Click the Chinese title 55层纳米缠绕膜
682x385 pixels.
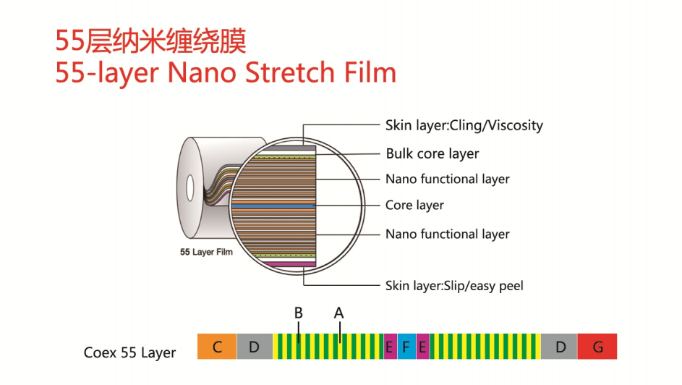click(x=151, y=41)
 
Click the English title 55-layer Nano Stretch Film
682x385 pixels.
click(x=226, y=73)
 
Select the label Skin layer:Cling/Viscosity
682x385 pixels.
click(x=464, y=125)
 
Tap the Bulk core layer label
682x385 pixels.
click(x=432, y=153)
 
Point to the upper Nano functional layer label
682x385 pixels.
click(x=447, y=179)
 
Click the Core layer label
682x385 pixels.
click(x=414, y=206)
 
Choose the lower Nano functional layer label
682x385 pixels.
click(x=447, y=234)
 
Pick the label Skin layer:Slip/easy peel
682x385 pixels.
click(x=454, y=286)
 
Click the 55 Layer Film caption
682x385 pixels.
click(x=206, y=253)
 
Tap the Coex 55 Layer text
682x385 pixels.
click(x=130, y=353)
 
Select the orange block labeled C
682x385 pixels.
click(x=217, y=347)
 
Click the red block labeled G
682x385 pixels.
click(x=597, y=347)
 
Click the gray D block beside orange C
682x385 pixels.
click(x=254, y=347)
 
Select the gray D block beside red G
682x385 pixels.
click(x=560, y=347)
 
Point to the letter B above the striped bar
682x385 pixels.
click(x=298, y=313)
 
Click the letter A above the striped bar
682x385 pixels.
click(x=338, y=313)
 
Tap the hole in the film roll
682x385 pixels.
click(x=189, y=187)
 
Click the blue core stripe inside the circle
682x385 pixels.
click(x=273, y=206)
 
